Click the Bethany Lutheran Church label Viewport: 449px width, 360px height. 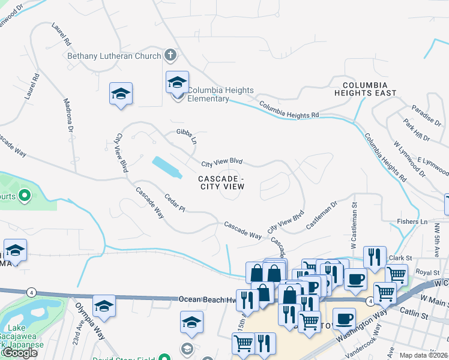pos(114,56)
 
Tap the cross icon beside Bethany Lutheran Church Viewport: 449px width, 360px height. pos(170,56)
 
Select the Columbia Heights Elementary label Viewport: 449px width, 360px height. pos(220,94)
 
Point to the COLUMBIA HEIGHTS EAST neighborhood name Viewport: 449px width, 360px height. pos(369,89)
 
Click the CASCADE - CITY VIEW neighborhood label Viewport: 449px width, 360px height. pos(221,182)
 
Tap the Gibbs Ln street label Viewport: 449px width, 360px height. pos(187,136)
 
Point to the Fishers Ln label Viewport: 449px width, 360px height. pos(412,221)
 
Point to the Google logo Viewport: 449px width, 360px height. pos(20,353)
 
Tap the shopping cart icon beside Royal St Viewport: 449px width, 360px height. pos(396,274)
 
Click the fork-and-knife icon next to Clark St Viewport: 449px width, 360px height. pos(375,257)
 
